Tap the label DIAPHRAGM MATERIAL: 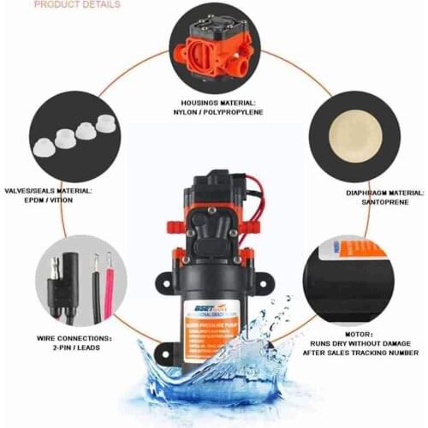(363, 193)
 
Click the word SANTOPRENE (363, 205)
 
